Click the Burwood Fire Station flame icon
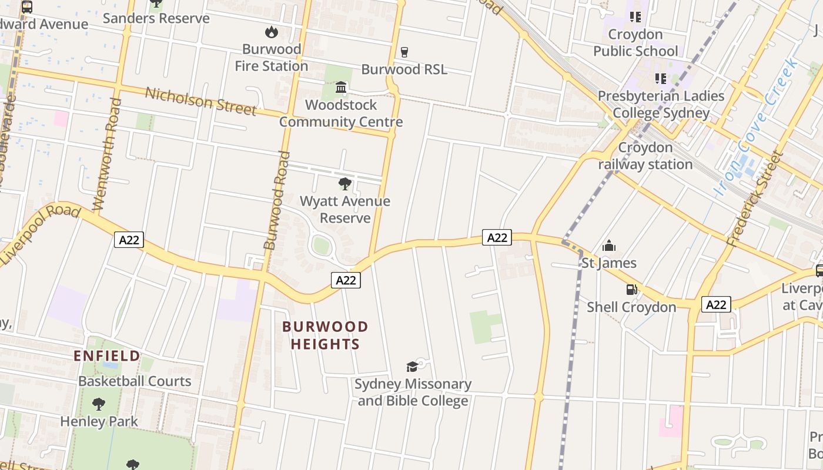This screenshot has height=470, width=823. (271, 32)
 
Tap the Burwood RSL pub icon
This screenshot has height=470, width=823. (404, 52)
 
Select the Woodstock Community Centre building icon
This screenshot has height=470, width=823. (341, 88)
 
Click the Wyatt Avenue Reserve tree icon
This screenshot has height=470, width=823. (345, 184)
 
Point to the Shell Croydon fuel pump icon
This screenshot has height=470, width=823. (631, 289)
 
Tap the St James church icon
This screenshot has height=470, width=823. (609, 245)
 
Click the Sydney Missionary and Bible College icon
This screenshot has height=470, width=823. (412, 367)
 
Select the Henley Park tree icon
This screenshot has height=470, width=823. (99, 404)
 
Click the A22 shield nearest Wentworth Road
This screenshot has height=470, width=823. (129, 240)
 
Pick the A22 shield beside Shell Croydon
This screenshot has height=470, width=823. (715, 304)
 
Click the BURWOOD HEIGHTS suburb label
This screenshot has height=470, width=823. (325, 335)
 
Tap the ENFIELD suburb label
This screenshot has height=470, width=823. (107, 355)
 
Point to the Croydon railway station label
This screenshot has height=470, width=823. (645, 156)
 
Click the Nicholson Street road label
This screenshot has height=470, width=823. (200, 101)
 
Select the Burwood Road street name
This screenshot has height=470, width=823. (277, 200)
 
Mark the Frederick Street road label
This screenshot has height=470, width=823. (755, 199)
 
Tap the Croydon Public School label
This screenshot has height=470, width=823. (635, 42)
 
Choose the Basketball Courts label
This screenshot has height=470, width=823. (135, 381)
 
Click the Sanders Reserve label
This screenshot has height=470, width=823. (156, 18)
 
